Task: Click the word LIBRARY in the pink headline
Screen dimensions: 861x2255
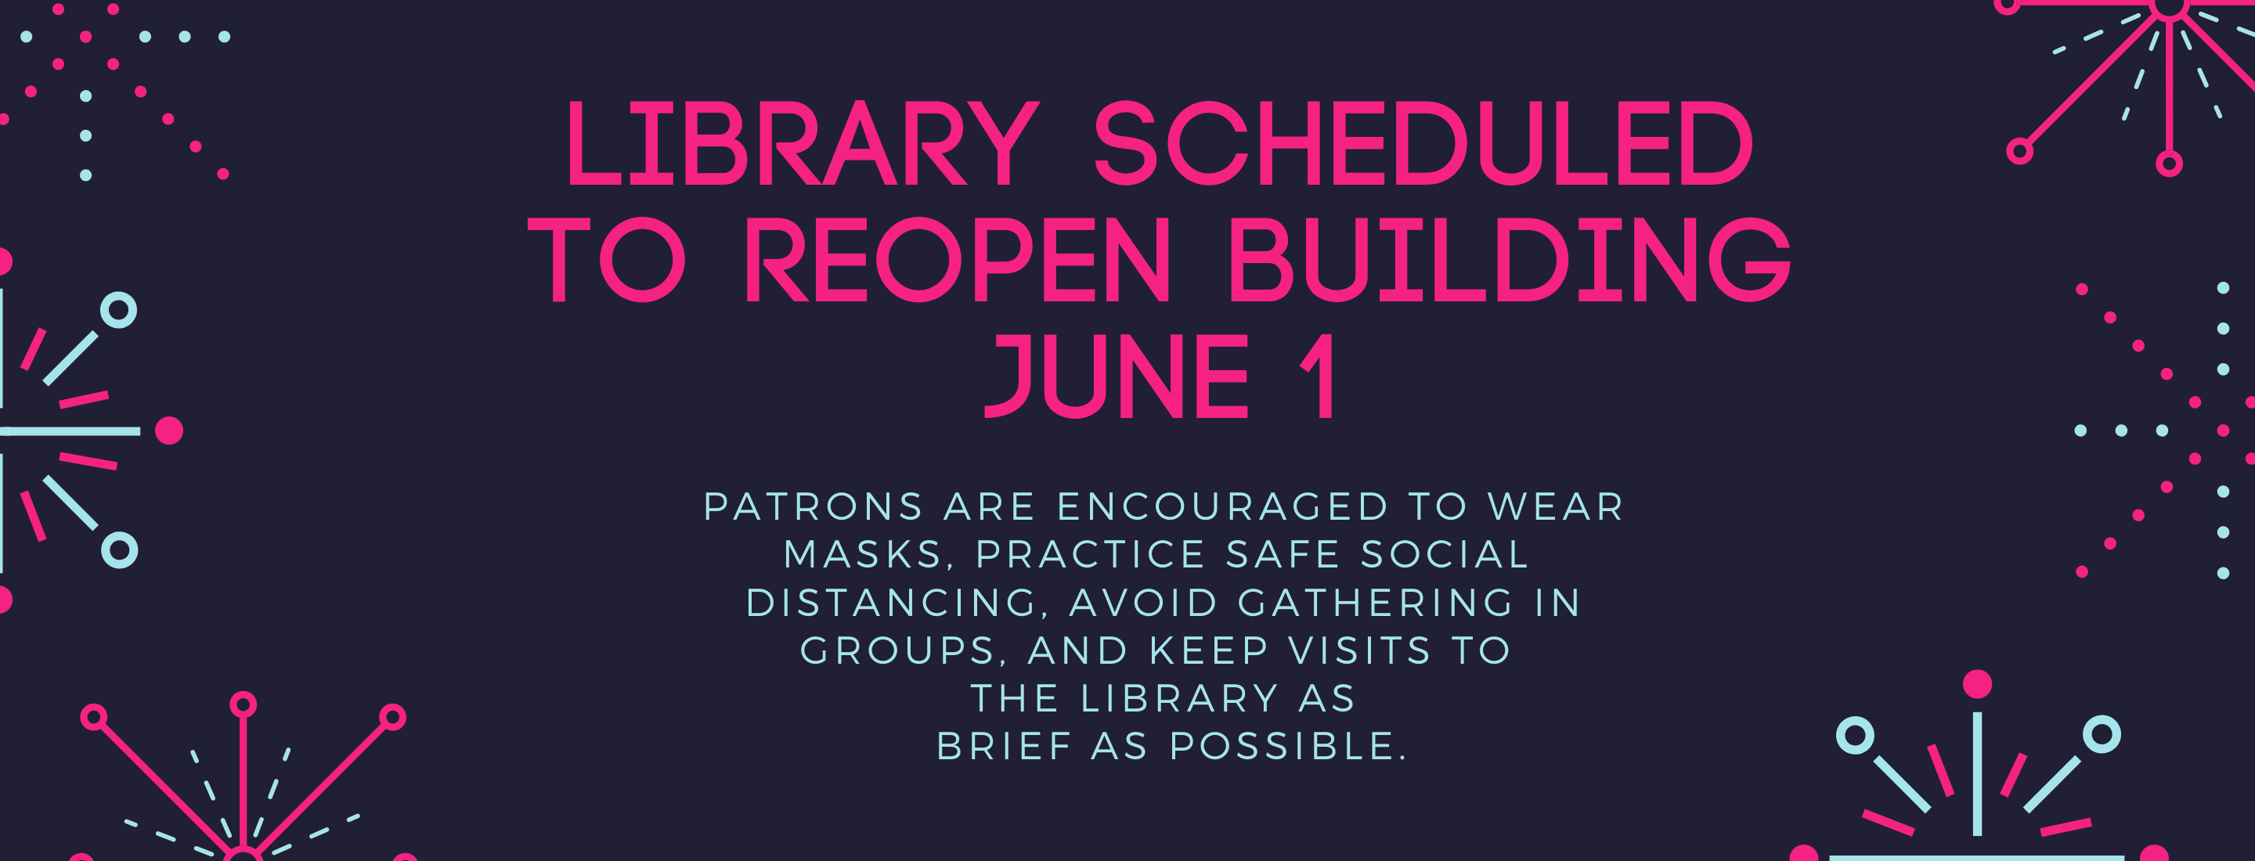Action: click(x=802, y=144)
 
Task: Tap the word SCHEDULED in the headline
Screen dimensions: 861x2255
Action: click(x=1423, y=144)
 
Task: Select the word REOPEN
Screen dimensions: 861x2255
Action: click(x=958, y=260)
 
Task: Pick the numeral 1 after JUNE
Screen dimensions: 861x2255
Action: click(x=1319, y=376)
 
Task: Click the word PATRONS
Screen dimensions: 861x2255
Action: click(x=814, y=507)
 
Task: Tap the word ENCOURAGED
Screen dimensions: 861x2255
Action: click(x=1223, y=507)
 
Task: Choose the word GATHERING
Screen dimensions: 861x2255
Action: click(x=1375, y=603)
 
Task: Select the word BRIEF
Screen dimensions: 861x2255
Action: click(x=1005, y=748)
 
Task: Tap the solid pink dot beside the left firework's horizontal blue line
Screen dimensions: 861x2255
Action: click(x=169, y=430)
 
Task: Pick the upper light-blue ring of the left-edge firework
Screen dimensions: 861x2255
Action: click(x=119, y=310)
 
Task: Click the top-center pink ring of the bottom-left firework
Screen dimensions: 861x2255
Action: click(x=244, y=704)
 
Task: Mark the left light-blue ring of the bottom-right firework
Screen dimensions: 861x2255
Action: click(x=1855, y=735)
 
